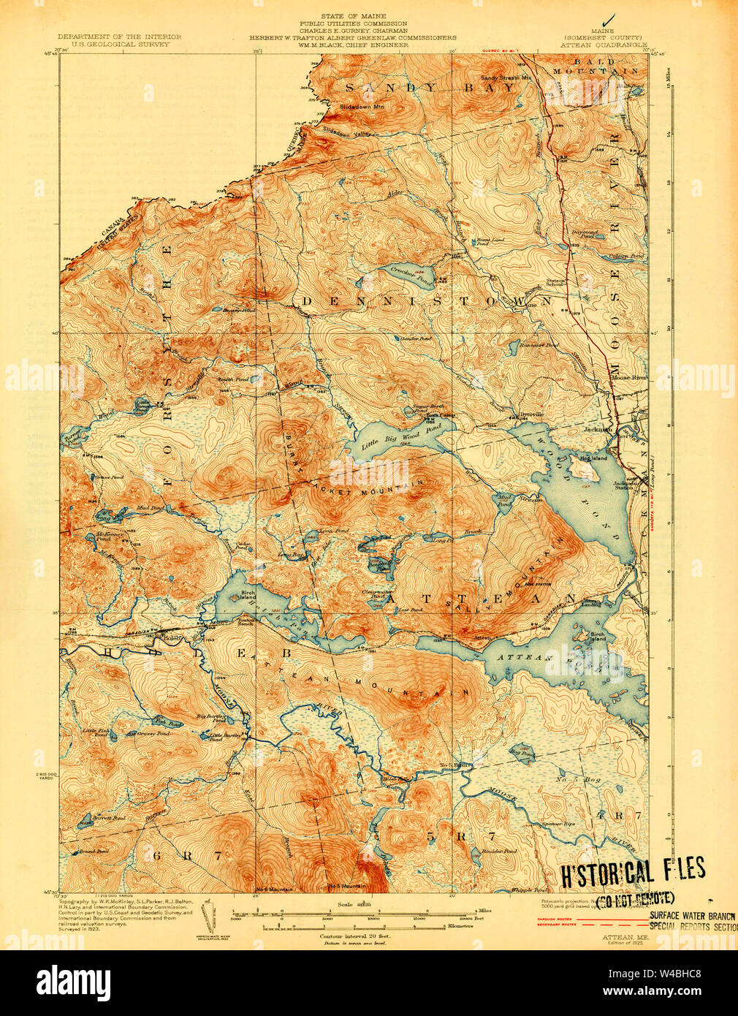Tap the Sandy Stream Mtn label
point(504,77)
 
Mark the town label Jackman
point(598,430)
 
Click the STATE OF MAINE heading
point(353,15)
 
